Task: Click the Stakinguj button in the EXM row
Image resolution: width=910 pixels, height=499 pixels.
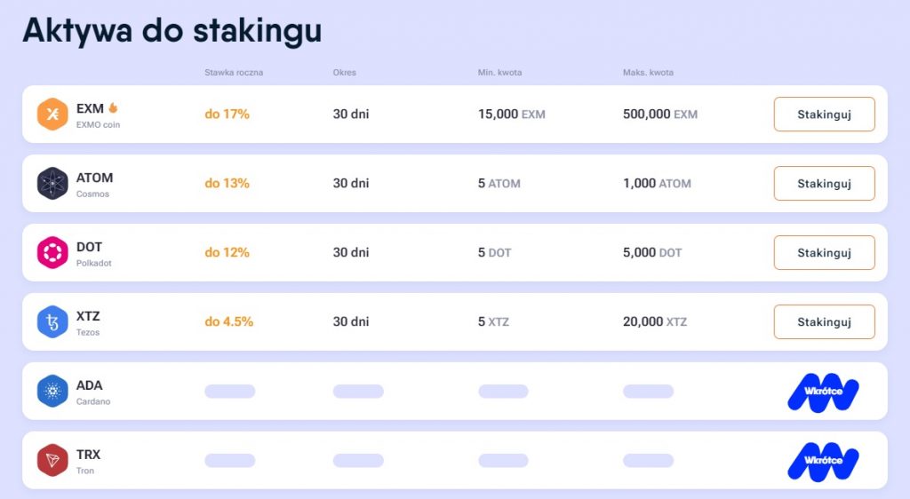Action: pyautogui.click(x=824, y=115)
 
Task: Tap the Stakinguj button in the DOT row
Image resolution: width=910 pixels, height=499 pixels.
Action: pyautogui.click(x=824, y=253)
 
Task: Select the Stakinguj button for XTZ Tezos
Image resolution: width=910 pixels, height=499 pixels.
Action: pyautogui.click(x=824, y=322)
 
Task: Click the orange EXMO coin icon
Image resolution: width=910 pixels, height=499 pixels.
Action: pyautogui.click(x=52, y=115)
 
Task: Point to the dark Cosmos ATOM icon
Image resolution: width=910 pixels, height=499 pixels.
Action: pyautogui.click(x=52, y=184)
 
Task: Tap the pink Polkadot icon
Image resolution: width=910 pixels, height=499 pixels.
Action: pyautogui.click(x=52, y=253)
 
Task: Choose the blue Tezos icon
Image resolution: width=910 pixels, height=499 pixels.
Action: pyautogui.click(x=52, y=321)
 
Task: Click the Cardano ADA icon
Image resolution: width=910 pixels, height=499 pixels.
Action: pyautogui.click(x=52, y=391)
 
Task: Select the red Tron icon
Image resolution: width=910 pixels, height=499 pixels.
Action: pyautogui.click(x=52, y=460)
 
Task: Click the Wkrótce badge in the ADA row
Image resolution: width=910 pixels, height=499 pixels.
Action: pyautogui.click(x=823, y=392)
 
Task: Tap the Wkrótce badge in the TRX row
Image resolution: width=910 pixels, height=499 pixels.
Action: pyautogui.click(x=823, y=461)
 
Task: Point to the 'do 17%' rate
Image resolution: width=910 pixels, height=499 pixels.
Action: pyautogui.click(x=227, y=115)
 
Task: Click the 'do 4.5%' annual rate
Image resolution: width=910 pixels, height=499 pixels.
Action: pyautogui.click(x=228, y=322)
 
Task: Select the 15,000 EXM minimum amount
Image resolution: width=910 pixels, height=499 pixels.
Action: pyautogui.click(x=511, y=115)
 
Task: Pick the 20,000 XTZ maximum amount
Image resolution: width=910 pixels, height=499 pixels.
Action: pyautogui.click(x=654, y=322)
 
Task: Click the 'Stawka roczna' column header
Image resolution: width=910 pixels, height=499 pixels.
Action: pyautogui.click(x=233, y=73)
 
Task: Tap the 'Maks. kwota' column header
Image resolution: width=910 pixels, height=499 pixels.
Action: pyautogui.click(x=648, y=73)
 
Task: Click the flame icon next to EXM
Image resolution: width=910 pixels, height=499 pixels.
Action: pyautogui.click(x=114, y=108)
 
